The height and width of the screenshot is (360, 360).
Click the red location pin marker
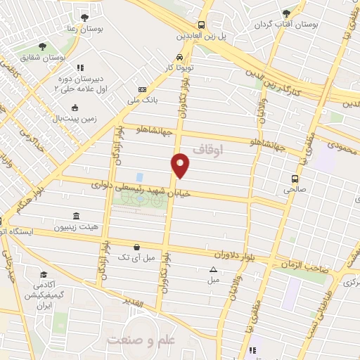tap(181, 164)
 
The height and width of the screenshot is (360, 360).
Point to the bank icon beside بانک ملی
tap(143, 90)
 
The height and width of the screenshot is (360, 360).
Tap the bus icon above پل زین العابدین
tap(202, 24)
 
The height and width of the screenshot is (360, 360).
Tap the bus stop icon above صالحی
tap(295, 178)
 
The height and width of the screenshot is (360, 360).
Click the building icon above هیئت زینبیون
tap(76, 217)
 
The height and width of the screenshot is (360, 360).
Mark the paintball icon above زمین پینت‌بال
tap(75, 108)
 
